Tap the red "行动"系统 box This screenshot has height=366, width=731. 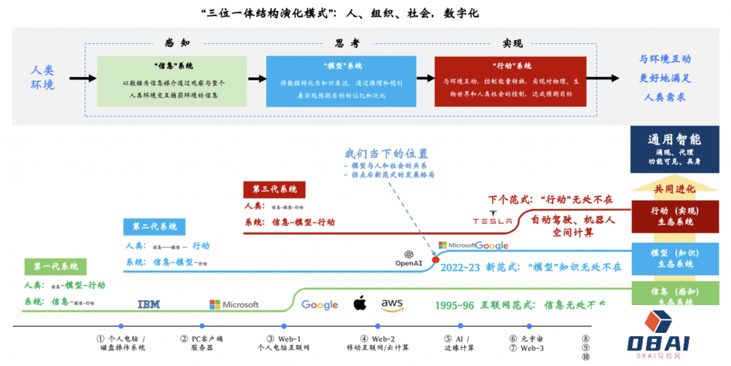(x=510, y=81)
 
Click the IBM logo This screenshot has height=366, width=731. (x=149, y=304)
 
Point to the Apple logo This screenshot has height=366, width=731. (x=359, y=303)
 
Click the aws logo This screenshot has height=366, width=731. (x=392, y=304)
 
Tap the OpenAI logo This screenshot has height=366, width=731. (x=409, y=258)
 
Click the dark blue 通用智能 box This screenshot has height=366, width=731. (x=674, y=149)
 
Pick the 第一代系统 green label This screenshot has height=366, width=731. (x=51, y=267)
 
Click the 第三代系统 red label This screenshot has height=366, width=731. (x=274, y=189)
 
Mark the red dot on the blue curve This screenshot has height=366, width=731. (x=435, y=259)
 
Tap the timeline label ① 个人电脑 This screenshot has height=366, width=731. (x=122, y=343)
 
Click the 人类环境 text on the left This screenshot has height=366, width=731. (x=43, y=77)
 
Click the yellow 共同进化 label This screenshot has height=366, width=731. (x=674, y=188)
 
